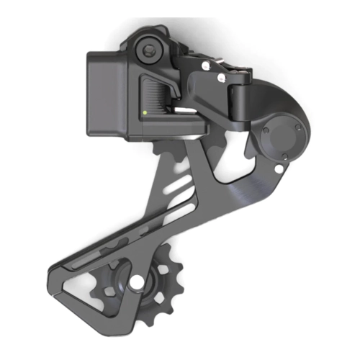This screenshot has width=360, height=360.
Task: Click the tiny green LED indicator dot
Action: pyautogui.click(x=144, y=112)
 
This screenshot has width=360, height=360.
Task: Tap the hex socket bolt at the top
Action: pyautogui.click(x=149, y=50)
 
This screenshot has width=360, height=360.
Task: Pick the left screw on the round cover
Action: pyautogui.click(x=266, y=131)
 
